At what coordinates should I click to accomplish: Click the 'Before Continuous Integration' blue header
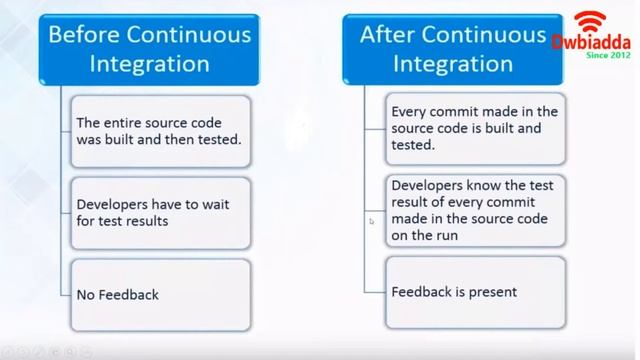tap(149, 49)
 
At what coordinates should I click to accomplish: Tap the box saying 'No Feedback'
tap(158, 294)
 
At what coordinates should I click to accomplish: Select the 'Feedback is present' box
tap(476, 292)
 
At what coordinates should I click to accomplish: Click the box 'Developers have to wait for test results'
tap(158, 212)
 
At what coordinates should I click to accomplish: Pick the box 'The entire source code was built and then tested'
tap(158, 131)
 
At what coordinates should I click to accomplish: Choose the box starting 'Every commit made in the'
tap(476, 127)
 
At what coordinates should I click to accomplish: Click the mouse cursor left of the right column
tap(371, 221)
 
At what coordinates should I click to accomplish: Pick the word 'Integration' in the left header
tap(149, 64)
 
